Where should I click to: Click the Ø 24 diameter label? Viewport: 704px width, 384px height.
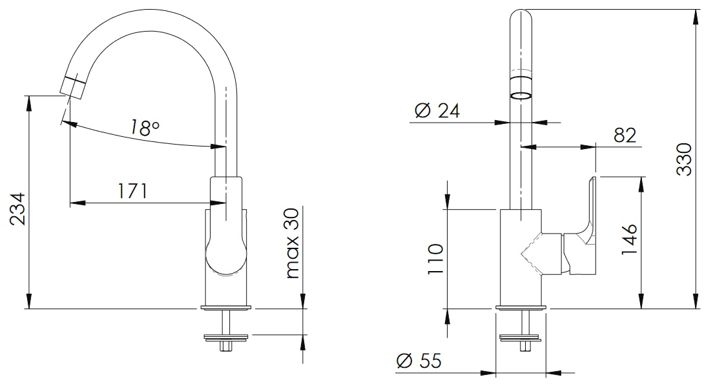pyautogui.click(x=437, y=110)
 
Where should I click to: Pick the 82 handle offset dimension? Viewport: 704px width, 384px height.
pyautogui.click(x=625, y=135)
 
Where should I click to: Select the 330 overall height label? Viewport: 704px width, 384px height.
pyautogui.click(x=684, y=159)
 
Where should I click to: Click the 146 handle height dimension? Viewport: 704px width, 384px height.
pyautogui.click(x=629, y=239)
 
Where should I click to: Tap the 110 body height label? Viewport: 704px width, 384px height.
pyautogui.click(x=435, y=259)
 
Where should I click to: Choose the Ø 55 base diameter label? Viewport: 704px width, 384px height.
pyautogui.click(x=419, y=361)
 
